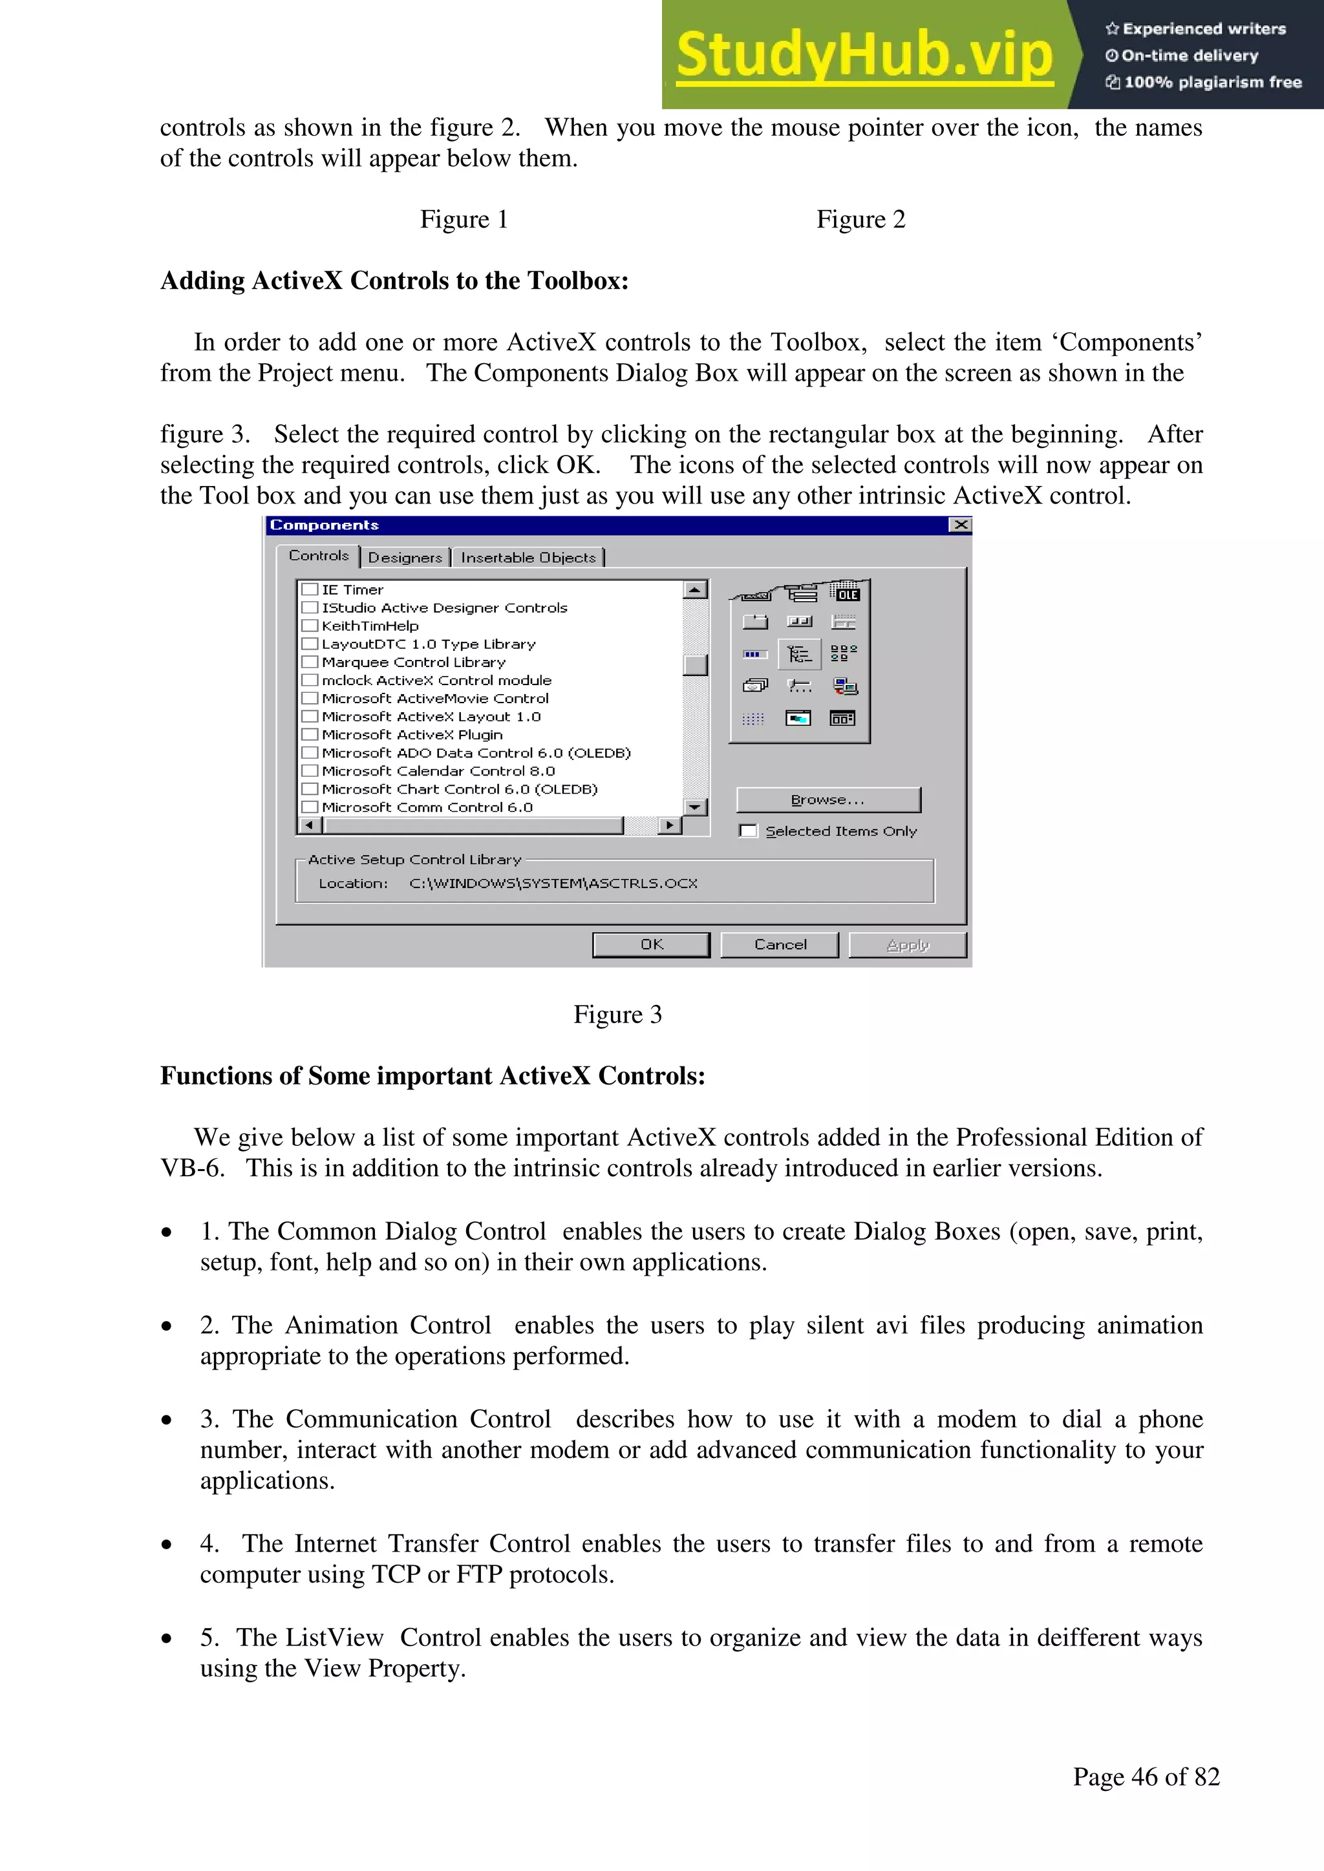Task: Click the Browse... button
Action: pyautogui.click(x=827, y=799)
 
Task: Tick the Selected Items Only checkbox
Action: pyautogui.click(x=747, y=831)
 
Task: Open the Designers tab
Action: pyautogui.click(x=405, y=557)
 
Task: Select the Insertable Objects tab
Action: pyautogui.click(x=528, y=557)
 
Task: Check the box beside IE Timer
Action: pyautogui.click(x=310, y=589)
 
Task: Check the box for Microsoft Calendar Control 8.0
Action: pyautogui.click(x=310, y=771)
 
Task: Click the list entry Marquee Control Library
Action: pyautogui.click(x=413, y=662)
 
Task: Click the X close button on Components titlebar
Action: pyautogui.click(x=961, y=525)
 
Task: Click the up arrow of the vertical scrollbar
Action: pyautogui.click(x=694, y=589)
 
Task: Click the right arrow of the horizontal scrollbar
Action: pyautogui.click(x=669, y=825)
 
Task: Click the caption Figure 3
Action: pyautogui.click(x=617, y=1015)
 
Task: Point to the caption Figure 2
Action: pyautogui.click(x=861, y=219)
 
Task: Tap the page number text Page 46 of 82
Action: pyautogui.click(x=1146, y=1777)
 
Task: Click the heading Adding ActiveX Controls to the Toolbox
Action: pyautogui.click(x=394, y=281)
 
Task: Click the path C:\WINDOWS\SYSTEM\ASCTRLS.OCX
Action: pyautogui.click(x=553, y=883)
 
